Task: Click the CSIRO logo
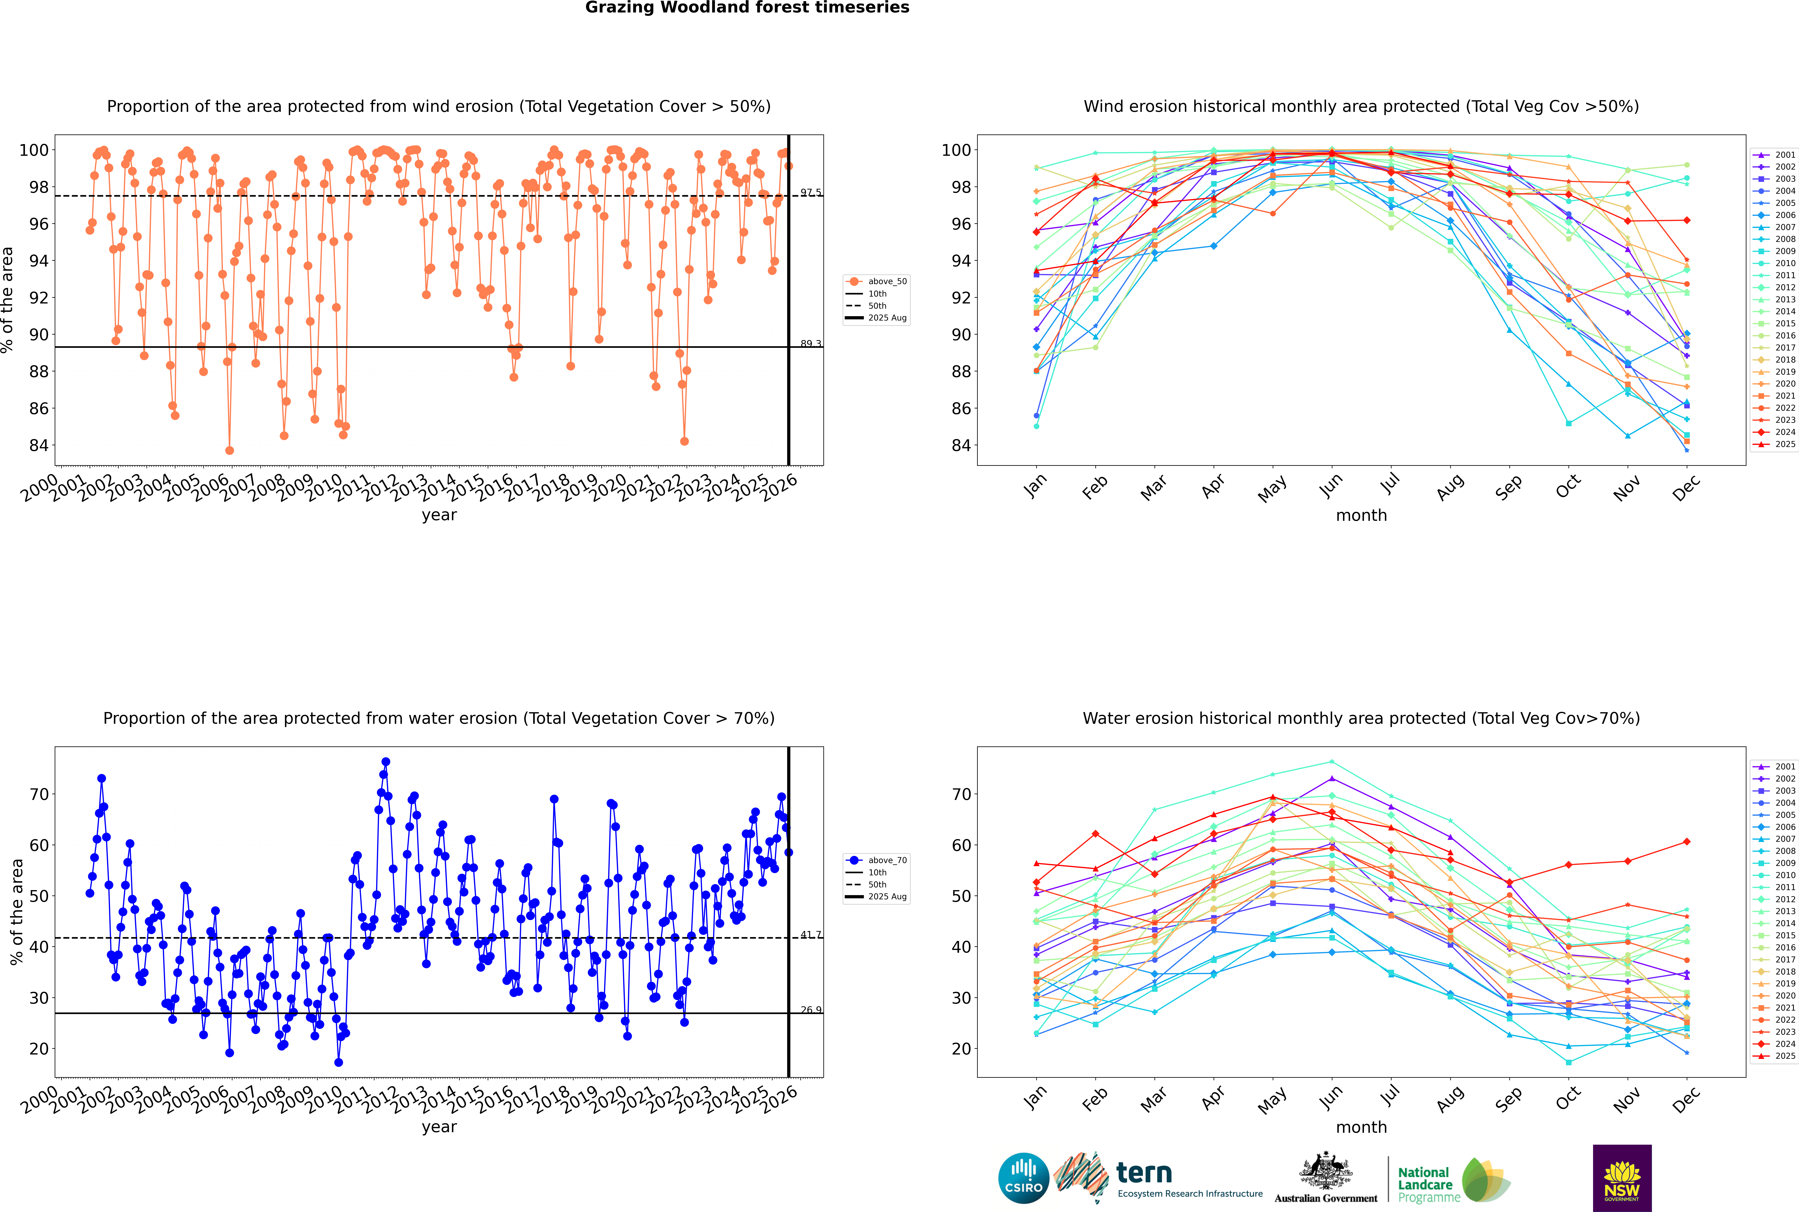(x=1023, y=1178)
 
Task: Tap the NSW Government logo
(x=1622, y=1177)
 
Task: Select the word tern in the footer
(x=1144, y=1173)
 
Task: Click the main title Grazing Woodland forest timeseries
(x=747, y=8)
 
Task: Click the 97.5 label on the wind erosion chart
(x=811, y=192)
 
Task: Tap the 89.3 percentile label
(x=811, y=343)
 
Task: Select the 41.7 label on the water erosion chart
(x=811, y=934)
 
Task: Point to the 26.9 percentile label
(x=811, y=1009)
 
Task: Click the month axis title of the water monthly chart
(x=1361, y=1127)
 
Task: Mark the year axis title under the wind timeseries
(x=439, y=515)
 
